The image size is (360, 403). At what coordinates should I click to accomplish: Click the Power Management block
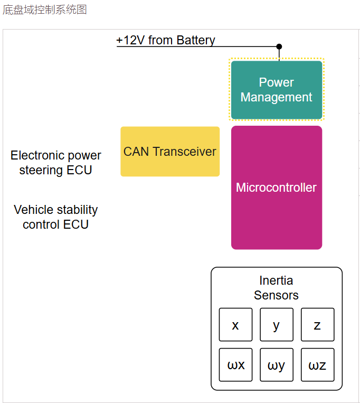tap(276, 90)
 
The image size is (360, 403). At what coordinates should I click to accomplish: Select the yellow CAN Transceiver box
tap(169, 152)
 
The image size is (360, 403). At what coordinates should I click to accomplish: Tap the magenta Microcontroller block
tap(276, 188)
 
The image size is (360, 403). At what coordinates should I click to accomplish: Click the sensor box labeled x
tap(235, 325)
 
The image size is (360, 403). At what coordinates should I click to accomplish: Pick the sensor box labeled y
tap(276, 325)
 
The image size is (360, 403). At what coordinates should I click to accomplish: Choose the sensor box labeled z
tap(317, 325)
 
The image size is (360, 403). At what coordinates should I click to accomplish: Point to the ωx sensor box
tap(235, 364)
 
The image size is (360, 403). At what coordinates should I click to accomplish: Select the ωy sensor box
tap(276, 364)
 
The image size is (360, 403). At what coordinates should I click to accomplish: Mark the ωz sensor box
tap(317, 364)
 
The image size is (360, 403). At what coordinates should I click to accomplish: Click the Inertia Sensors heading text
tap(276, 288)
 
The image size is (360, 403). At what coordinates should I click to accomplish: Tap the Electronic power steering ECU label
tap(56, 163)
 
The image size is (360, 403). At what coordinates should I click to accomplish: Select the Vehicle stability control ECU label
tap(56, 217)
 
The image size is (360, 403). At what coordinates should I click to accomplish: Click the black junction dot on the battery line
tap(279, 46)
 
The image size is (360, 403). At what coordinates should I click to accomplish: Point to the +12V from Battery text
tap(166, 41)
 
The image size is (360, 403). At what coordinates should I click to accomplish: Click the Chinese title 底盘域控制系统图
tap(44, 10)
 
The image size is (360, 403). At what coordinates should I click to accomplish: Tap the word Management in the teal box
tap(276, 98)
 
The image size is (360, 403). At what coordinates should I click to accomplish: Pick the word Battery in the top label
tap(196, 41)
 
